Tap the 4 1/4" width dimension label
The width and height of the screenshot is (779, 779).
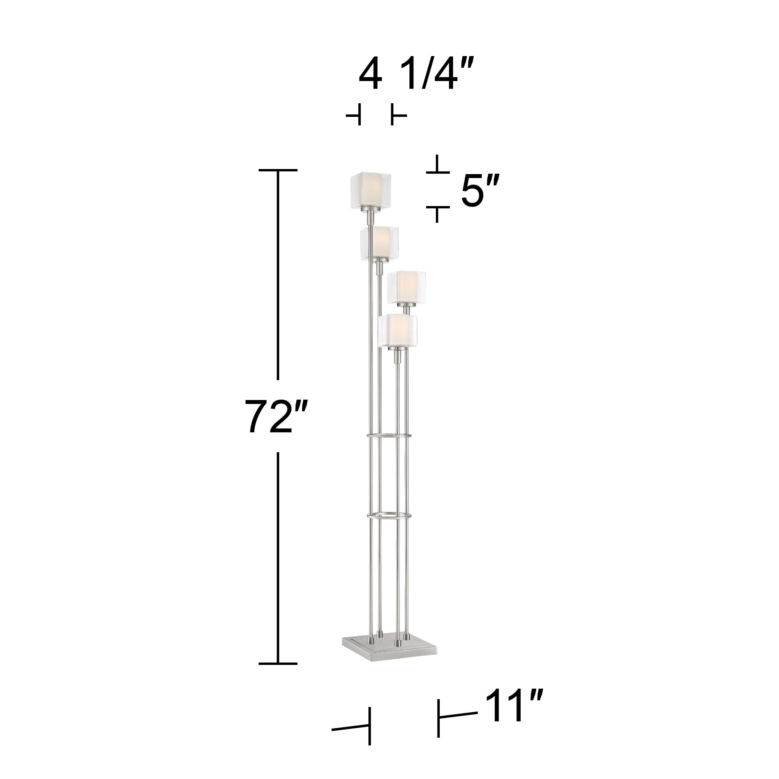[414, 75]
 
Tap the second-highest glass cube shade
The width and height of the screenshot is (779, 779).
[379, 243]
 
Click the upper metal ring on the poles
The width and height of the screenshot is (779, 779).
[389, 436]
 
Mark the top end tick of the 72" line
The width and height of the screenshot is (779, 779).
[278, 171]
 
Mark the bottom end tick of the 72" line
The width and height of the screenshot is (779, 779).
[278, 663]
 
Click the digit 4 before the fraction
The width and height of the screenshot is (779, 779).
[370, 75]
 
